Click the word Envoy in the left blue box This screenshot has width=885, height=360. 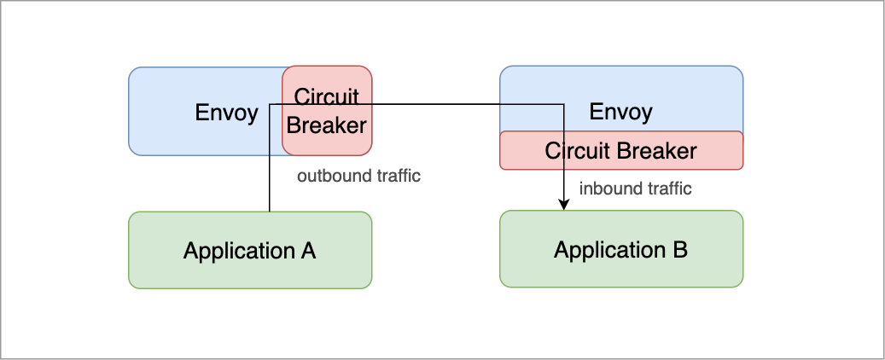click(226, 113)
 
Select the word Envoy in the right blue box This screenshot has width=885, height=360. click(620, 112)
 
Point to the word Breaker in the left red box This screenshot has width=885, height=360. click(326, 125)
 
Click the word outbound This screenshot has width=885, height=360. click(329, 177)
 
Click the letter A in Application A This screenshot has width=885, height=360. click(308, 251)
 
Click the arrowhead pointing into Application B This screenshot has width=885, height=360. click(564, 205)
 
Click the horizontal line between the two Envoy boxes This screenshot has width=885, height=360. click(435, 104)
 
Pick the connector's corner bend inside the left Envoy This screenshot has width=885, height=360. click(270, 104)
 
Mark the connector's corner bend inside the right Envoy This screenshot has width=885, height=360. click(564, 104)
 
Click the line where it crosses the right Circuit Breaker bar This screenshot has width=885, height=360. click(564, 150)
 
